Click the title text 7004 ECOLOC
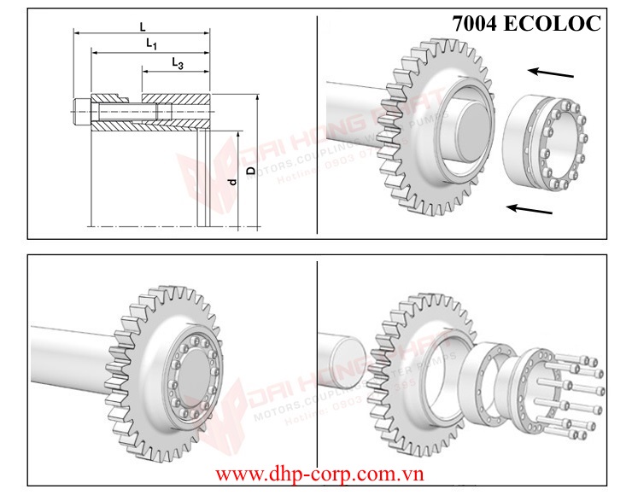pos(527,23)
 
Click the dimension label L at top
pos(142,27)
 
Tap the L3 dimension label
pos(177,63)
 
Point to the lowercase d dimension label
pos(231,182)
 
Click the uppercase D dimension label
pos(250,171)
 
